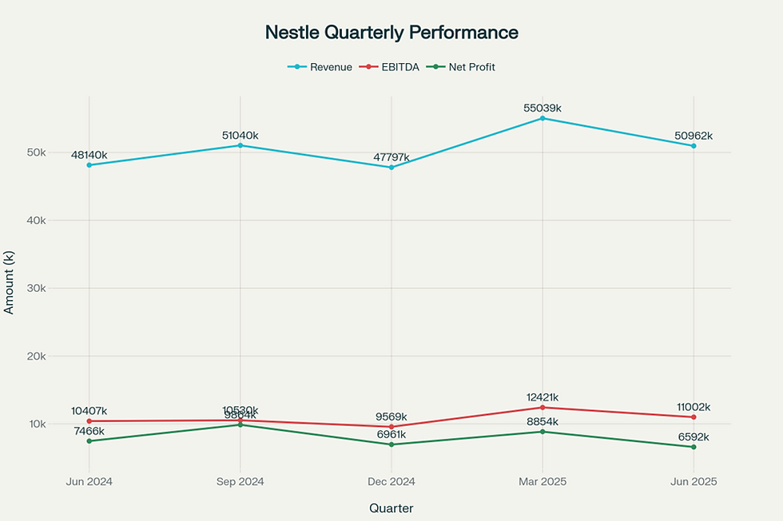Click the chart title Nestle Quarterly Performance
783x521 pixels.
pyautogui.click(x=391, y=33)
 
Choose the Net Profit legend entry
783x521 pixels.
pyautogui.click(x=463, y=67)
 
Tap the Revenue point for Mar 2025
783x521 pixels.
pyautogui.click(x=543, y=118)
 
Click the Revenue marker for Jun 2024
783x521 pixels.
pyautogui.click(x=89, y=165)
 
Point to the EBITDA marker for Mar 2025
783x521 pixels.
pyautogui.click(x=543, y=408)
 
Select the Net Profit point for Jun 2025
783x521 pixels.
pyautogui.click(x=694, y=447)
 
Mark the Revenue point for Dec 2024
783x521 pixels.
pyautogui.click(x=391, y=168)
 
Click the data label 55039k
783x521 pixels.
pyautogui.click(x=543, y=108)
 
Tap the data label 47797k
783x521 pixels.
pyautogui.click(x=391, y=157)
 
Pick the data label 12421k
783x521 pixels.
pyautogui.click(x=543, y=397)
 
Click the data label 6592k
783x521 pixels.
pyautogui.click(x=694, y=437)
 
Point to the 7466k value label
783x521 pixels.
pyautogui.click(x=89, y=431)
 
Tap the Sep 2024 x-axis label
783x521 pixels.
pyautogui.click(x=240, y=482)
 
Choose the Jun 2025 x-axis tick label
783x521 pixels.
pyautogui.click(x=694, y=482)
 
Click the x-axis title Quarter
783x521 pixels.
pyautogui.click(x=391, y=507)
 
